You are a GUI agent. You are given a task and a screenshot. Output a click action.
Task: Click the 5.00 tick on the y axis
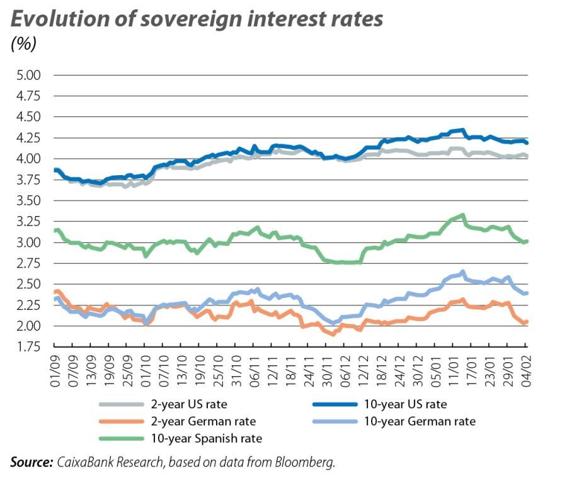click(x=26, y=75)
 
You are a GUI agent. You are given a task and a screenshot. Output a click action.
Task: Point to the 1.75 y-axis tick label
click(x=26, y=347)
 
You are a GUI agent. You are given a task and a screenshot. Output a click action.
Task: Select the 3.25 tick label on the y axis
click(x=26, y=222)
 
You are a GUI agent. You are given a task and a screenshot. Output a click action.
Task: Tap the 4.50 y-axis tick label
click(x=26, y=117)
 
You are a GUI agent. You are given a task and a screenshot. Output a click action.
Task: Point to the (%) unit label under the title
click(x=24, y=44)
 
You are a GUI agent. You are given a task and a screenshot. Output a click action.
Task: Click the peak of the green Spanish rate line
click(x=463, y=215)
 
